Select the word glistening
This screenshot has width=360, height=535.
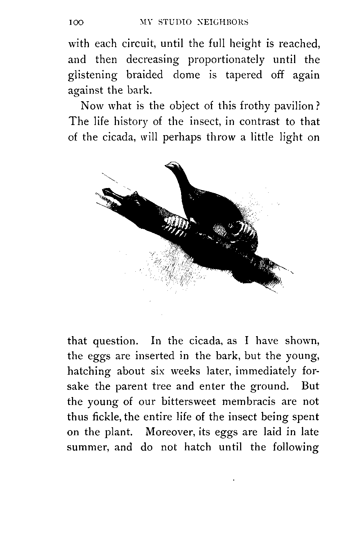point(93,75)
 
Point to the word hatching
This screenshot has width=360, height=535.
point(89,371)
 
